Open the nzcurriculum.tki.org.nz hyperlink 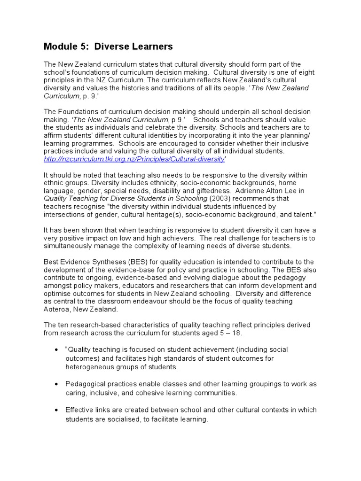click(133, 160)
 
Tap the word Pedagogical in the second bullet click(86, 384)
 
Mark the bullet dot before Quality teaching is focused click(56, 350)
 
